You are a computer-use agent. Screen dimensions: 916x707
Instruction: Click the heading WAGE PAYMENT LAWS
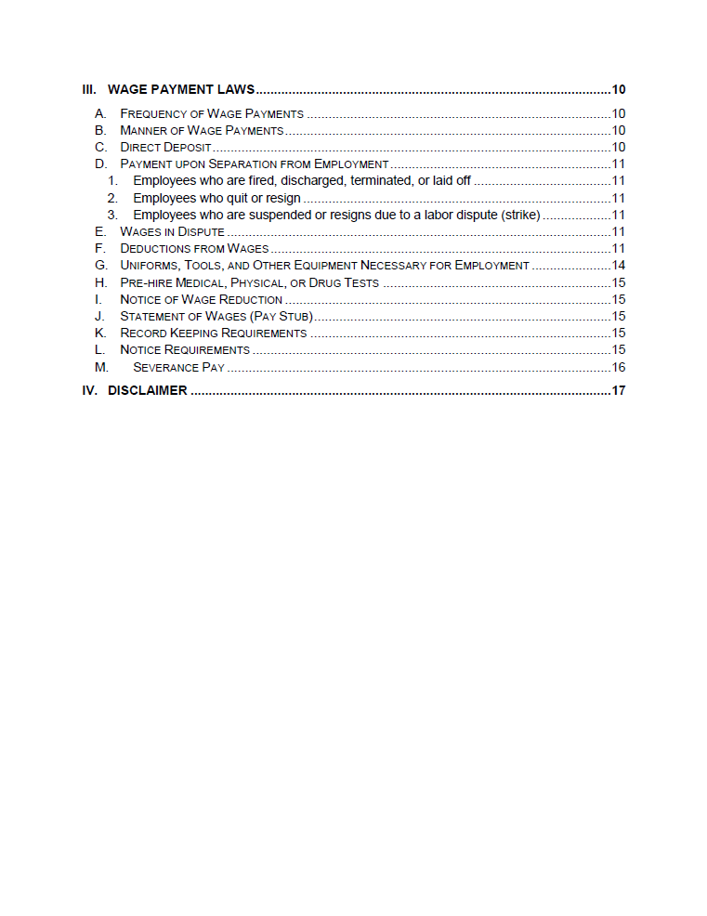[181, 90]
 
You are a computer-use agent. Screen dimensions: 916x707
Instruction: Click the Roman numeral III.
[89, 90]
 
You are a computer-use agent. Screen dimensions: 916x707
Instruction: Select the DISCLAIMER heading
[147, 390]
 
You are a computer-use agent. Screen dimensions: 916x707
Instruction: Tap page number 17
[618, 390]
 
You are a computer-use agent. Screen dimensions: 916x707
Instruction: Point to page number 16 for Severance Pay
[618, 367]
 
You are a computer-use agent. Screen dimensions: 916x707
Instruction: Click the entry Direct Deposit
[165, 147]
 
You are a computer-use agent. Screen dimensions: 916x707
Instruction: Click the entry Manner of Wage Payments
[202, 130]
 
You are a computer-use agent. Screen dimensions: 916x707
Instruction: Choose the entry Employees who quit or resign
[216, 198]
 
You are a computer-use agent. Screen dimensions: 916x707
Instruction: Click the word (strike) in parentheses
[520, 215]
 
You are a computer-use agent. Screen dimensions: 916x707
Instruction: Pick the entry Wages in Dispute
[172, 231]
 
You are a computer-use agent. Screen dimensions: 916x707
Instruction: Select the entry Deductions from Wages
[194, 248]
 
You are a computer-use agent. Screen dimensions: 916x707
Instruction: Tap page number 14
[618, 266]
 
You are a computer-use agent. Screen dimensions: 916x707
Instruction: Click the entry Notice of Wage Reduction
[201, 299]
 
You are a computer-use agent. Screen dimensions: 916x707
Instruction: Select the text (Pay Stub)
[281, 316]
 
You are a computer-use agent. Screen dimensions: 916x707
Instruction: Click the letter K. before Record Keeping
[100, 333]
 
